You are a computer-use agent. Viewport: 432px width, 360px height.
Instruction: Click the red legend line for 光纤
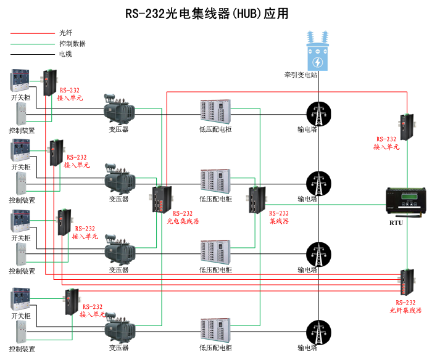[x=31, y=33]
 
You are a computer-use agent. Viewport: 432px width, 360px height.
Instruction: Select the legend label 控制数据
[x=72, y=44]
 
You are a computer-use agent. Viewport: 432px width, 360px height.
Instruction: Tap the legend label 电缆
[x=65, y=54]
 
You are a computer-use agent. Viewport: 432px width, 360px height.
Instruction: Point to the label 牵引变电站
[x=301, y=75]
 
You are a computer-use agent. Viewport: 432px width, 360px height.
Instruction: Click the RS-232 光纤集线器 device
[x=407, y=284]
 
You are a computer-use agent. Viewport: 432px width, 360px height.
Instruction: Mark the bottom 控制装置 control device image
[x=21, y=333]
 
